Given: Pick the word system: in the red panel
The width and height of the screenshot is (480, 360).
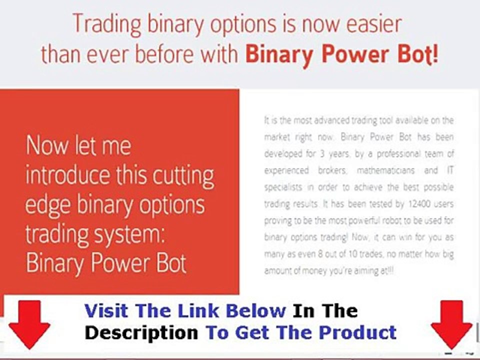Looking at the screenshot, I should tap(135, 234).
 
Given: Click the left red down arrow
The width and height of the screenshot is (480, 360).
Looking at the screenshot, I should tap(29, 325).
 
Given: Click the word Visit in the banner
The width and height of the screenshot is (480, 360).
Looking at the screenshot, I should tap(107, 311).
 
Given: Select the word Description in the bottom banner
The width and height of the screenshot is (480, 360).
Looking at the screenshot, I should tap(141, 332).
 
